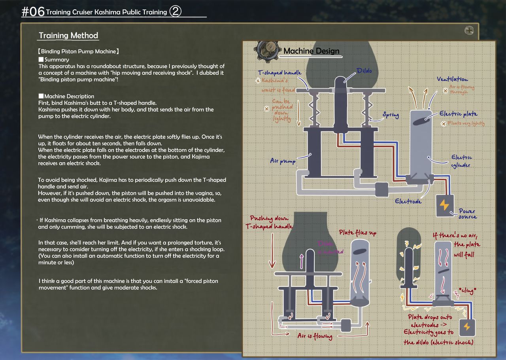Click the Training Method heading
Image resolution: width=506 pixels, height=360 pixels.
pyautogui.click(x=68, y=36)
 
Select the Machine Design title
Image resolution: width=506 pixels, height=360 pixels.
pyautogui.click(x=311, y=51)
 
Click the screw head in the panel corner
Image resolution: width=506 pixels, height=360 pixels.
pyautogui.click(x=469, y=30)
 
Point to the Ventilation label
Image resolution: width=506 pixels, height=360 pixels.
pyautogui.click(x=452, y=80)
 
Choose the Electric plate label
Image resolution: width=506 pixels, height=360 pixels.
pyautogui.click(x=459, y=114)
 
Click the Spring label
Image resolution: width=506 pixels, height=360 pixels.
pyautogui.click(x=390, y=116)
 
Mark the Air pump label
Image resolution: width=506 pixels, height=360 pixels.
pyautogui.click(x=283, y=161)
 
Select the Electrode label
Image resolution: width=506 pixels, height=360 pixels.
pyautogui.click(x=408, y=201)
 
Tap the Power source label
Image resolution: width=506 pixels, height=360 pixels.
pyautogui.click(x=468, y=214)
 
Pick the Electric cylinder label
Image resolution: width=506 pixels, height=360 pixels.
pyautogui.click(x=461, y=161)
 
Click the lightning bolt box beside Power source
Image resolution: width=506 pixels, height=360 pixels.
pyautogui.click(x=445, y=206)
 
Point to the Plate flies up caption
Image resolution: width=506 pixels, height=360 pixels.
pyautogui.click(x=357, y=233)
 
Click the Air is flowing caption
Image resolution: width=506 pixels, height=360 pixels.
pyautogui.click(x=315, y=336)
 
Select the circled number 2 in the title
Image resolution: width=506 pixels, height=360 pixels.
pyautogui.click(x=175, y=12)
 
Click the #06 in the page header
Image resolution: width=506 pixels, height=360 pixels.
pyautogui.click(x=33, y=12)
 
